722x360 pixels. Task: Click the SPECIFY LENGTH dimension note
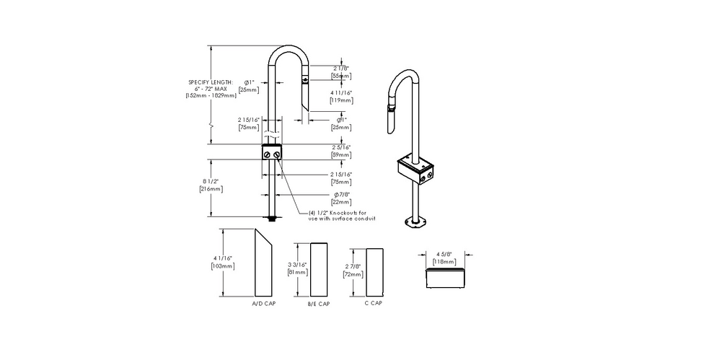click(x=211, y=89)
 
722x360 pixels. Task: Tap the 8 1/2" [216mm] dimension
click(x=211, y=185)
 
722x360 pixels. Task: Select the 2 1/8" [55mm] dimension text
click(x=341, y=71)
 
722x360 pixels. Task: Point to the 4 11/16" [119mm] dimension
click(x=341, y=97)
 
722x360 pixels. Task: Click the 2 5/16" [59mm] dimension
click(x=341, y=150)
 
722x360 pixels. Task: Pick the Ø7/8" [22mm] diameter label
click(x=341, y=199)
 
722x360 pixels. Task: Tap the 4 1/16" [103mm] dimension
click(x=221, y=262)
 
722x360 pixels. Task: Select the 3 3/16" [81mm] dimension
click(x=297, y=269)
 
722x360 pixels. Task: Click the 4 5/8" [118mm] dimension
click(x=444, y=258)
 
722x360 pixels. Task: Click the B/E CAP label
click(x=319, y=304)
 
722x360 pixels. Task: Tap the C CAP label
click(x=374, y=303)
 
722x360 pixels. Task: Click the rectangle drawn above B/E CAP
click(x=318, y=269)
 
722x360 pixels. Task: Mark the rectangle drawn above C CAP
click(x=374, y=272)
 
